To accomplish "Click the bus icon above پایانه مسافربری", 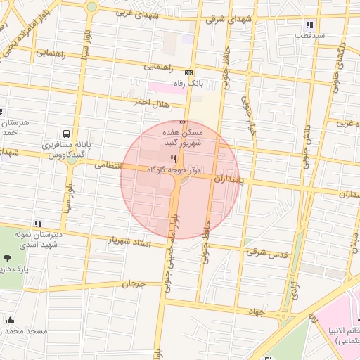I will [x=66, y=133].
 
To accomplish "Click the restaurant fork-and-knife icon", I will [x=174, y=160].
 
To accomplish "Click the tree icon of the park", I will [x=8, y=258].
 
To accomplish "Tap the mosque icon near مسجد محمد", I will [x=11, y=321].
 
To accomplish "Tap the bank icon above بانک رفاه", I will [x=188, y=73].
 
